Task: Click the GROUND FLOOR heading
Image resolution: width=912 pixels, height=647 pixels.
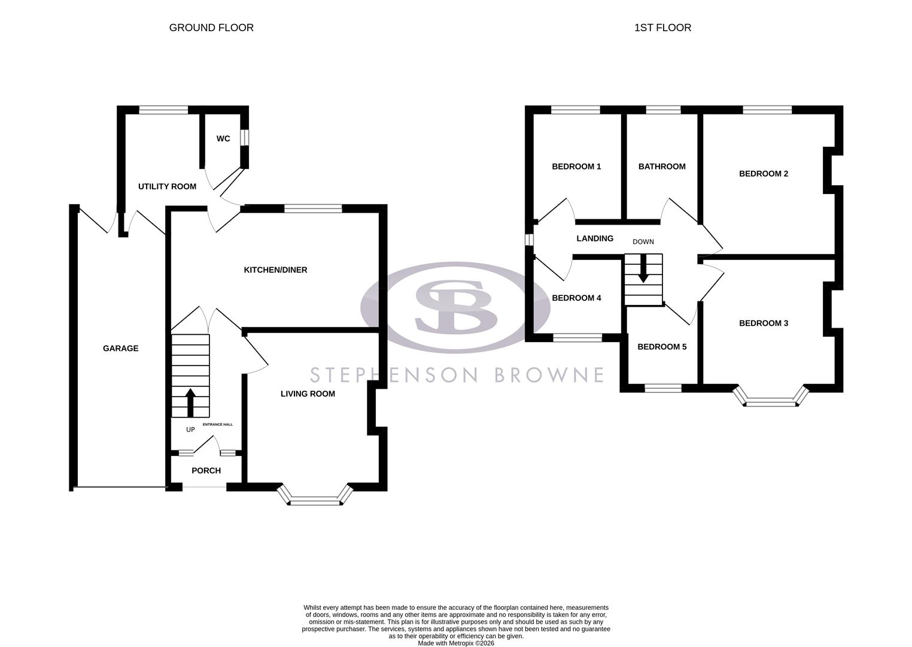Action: click(x=211, y=28)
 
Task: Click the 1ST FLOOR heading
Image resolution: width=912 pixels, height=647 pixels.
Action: click(x=662, y=28)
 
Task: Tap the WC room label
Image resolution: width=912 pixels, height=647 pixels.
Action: click(x=223, y=138)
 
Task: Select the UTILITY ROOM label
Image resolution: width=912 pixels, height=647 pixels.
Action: click(x=167, y=186)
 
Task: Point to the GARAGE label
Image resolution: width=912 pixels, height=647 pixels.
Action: click(x=120, y=348)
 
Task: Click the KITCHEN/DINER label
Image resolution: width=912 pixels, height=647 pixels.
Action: click(x=275, y=270)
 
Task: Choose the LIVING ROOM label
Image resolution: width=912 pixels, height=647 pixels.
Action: click(x=308, y=394)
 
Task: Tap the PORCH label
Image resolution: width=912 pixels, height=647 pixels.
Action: click(x=206, y=470)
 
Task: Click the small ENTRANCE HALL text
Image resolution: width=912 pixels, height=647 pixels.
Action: click(x=218, y=424)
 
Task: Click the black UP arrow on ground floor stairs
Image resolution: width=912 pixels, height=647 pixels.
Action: click(x=190, y=402)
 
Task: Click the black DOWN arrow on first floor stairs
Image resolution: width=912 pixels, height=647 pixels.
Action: click(x=643, y=269)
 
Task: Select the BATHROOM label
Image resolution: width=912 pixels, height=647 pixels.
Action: click(x=662, y=167)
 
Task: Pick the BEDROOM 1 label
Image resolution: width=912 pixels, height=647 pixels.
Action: click(x=576, y=167)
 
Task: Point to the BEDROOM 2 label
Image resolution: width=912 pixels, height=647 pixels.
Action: click(x=764, y=174)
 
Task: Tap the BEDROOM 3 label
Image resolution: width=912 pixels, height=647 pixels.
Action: click(x=764, y=323)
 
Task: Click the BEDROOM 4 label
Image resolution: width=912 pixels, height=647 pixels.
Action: click(x=576, y=298)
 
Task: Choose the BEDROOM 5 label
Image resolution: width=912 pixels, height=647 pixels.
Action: click(x=662, y=346)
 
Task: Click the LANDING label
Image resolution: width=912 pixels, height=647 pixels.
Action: click(x=595, y=238)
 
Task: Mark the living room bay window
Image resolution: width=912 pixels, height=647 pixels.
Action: click(x=315, y=498)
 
